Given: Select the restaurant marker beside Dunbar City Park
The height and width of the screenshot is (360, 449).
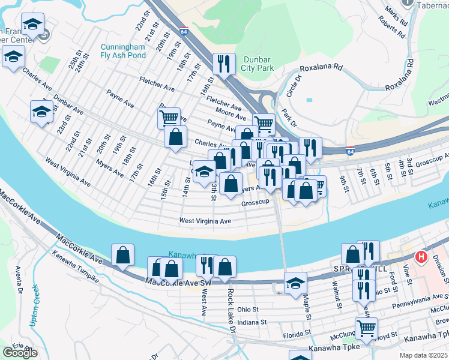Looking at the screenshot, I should [223, 64].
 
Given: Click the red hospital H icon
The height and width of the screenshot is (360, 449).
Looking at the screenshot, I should [421, 257].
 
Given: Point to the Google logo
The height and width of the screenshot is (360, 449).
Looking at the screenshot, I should [20, 353].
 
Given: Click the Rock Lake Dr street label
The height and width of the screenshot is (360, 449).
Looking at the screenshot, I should [230, 304].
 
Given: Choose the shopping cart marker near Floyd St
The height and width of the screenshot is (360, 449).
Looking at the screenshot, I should [366, 328].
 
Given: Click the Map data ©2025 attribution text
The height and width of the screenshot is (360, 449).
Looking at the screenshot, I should [423, 355].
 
